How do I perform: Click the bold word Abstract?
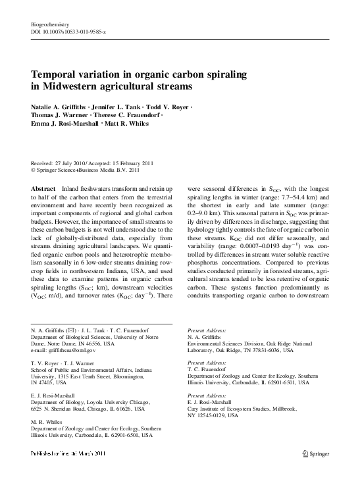click(x=43, y=188)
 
